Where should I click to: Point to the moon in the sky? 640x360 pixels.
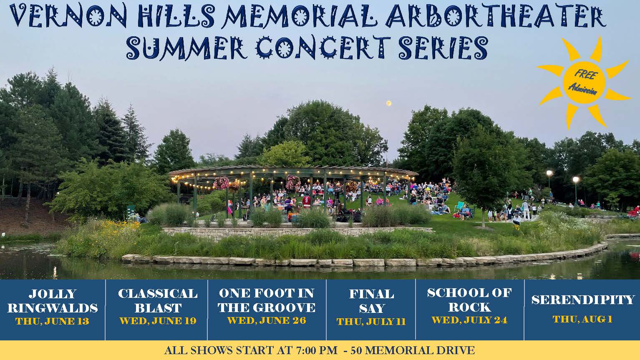click(388, 103)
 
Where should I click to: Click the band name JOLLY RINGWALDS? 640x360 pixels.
click(53, 301)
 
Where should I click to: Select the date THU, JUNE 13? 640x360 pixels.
click(53, 322)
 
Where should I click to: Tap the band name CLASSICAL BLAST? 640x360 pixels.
click(157, 301)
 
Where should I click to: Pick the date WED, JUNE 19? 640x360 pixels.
click(157, 321)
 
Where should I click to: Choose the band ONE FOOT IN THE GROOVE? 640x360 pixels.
click(267, 300)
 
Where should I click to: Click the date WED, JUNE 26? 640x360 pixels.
click(267, 320)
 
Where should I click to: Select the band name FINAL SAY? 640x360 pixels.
click(371, 301)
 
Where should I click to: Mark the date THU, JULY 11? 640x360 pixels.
click(371, 322)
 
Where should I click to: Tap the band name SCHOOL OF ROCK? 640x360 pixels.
click(469, 300)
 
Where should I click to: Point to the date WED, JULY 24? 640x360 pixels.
click(469, 320)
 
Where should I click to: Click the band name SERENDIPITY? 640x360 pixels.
click(582, 300)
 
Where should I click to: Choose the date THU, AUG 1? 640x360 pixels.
click(582, 319)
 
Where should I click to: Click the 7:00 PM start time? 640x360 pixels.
click(311, 350)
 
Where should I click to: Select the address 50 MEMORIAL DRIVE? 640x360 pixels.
click(412, 350)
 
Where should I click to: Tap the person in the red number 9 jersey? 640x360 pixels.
click(307, 202)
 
